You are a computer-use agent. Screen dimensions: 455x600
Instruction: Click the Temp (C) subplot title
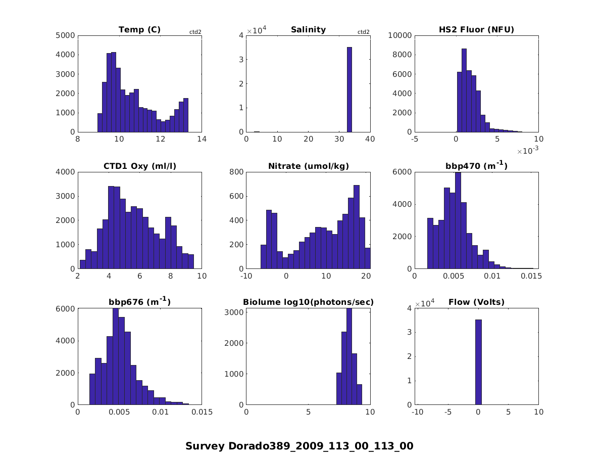139,30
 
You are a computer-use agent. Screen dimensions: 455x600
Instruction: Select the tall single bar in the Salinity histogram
349,89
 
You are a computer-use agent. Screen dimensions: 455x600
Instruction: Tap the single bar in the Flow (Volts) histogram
478,362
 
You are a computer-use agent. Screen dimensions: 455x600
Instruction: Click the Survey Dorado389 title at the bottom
299,446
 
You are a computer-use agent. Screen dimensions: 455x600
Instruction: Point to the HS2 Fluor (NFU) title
476,30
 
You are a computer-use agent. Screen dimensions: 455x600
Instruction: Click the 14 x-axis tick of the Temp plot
202,140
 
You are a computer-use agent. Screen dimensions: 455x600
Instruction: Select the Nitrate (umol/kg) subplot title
308,166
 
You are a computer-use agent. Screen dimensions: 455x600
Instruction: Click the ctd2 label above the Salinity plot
363,32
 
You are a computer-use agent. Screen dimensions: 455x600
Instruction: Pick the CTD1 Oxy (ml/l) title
139,166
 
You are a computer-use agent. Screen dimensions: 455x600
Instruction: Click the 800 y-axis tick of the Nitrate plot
236,172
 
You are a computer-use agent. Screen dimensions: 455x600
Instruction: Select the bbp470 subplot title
476,166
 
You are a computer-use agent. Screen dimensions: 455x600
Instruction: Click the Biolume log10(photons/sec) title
308,303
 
